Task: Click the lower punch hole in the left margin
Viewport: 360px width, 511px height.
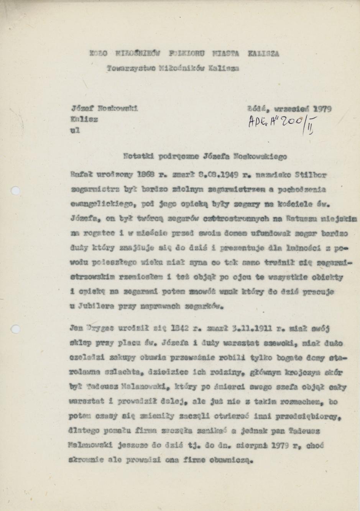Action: tap(16, 329)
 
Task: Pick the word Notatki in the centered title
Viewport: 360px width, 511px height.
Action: tap(136, 156)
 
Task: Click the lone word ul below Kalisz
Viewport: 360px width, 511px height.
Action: tap(75, 130)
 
